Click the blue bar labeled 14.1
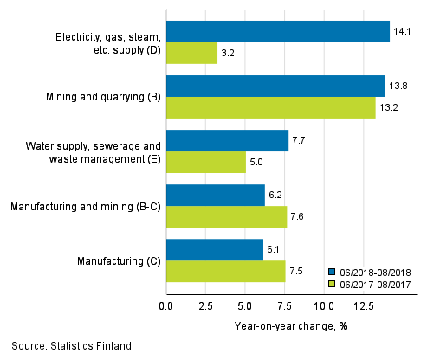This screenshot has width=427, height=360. pyautogui.click(x=277, y=32)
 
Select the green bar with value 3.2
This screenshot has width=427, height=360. pyautogui.click(x=191, y=54)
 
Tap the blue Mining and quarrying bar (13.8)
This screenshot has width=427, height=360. pyautogui.click(x=275, y=87)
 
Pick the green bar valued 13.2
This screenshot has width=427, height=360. pyautogui.click(x=270, y=108)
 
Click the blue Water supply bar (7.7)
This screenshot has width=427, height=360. pyautogui.click(x=227, y=141)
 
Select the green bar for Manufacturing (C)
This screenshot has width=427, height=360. pyautogui.click(x=225, y=272)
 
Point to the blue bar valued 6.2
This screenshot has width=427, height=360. pyautogui.click(x=215, y=196)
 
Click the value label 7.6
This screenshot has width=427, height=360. pyautogui.click(x=300, y=217)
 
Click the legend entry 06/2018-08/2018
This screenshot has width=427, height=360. pyautogui.click(x=372, y=269)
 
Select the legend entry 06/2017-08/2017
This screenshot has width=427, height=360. pyautogui.click(x=372, y=282)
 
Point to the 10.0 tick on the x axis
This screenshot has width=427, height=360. pyautogui.click(x=323, y=306)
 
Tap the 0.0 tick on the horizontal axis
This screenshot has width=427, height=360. pyautogui.click(x=166, y=306)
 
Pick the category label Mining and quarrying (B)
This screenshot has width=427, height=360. pyautogui.click(x=100, y=98)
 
